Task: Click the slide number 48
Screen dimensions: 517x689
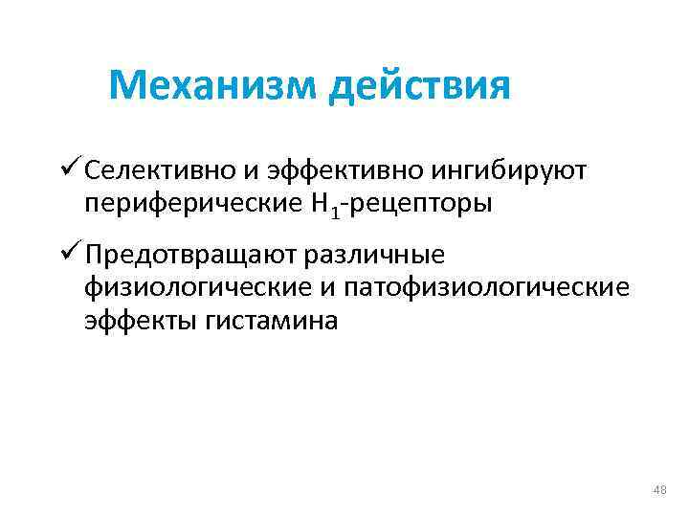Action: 658,491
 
